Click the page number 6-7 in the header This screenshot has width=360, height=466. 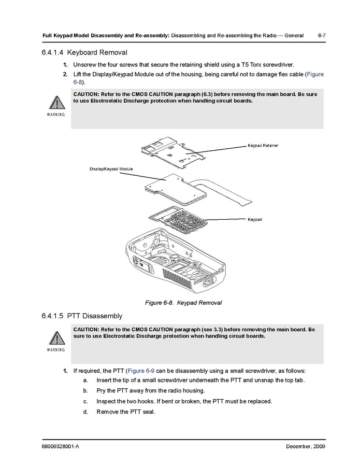click(x=321, y=35)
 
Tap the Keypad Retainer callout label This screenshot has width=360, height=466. click(x=263, y=146)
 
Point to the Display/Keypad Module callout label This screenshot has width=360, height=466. click(x=111, y=170)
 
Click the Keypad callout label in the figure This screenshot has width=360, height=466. click(x=255, y=220)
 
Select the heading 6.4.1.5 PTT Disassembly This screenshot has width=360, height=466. click(x=81, y=316)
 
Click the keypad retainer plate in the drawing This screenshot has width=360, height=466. click(x=171, y=153)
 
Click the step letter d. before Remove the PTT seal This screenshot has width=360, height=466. click(x=85, y=412)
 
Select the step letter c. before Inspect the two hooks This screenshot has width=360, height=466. click(x=85, y=402)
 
